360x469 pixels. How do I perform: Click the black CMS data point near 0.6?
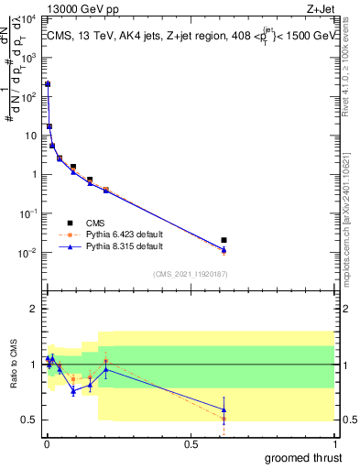point(224,240)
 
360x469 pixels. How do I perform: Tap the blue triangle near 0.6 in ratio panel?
point(224,409)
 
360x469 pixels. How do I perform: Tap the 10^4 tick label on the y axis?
point(29,17)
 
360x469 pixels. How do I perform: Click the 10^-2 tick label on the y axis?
point(29,252)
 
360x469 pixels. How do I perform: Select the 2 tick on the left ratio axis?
point(34,309)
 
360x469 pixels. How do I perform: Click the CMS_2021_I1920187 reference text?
point(189,274)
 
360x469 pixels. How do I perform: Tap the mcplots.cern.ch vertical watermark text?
point(353,211)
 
